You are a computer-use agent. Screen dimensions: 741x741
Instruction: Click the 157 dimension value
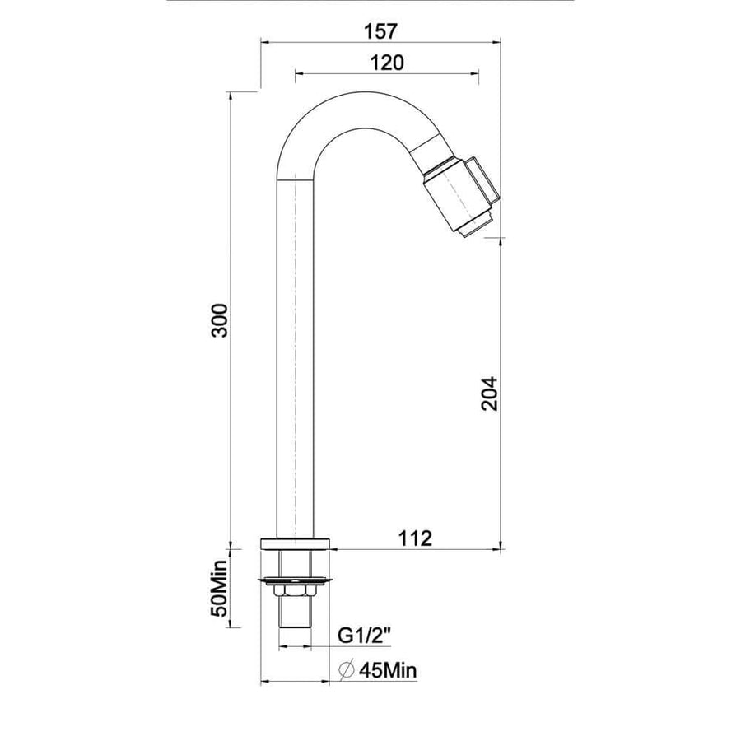tap(380, 31)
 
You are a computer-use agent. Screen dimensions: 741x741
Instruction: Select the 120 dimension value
tap(387, 63)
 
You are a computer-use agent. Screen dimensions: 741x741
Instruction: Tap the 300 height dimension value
tap(220, 320)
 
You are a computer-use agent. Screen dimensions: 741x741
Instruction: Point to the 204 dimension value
tap(490, 394)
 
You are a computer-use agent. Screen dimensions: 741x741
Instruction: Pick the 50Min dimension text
tap(220, 589)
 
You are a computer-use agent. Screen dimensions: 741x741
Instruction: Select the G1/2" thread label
tap(365, 636)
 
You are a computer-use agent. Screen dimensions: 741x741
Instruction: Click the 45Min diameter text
tap(388, 670)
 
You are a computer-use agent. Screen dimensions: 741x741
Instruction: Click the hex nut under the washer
tap(295, 590)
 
